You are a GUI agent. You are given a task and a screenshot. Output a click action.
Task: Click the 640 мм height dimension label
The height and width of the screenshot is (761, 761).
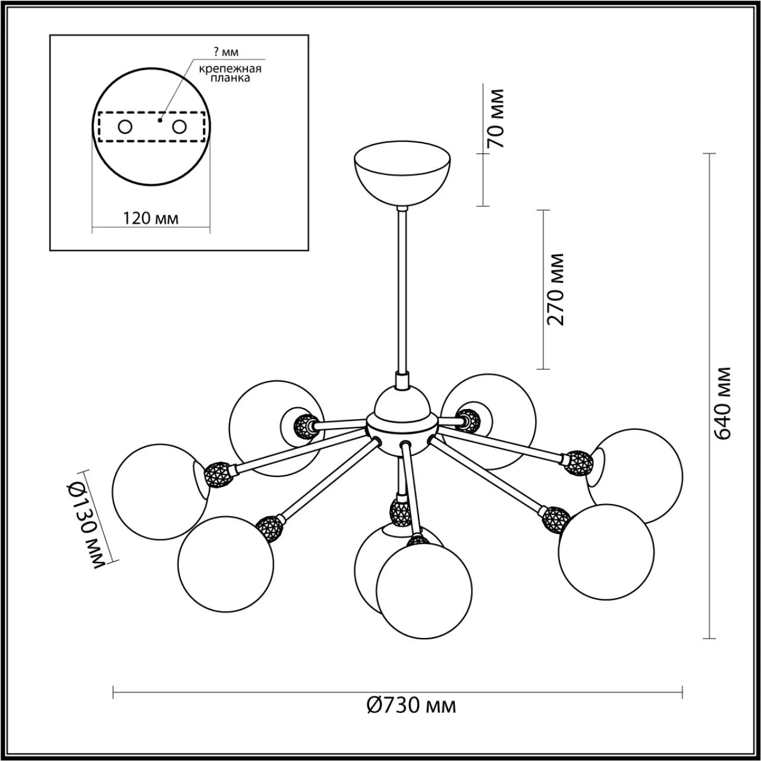click(722, 402)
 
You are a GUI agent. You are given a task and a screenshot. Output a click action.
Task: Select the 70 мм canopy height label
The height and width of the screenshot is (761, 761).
click(495, 118)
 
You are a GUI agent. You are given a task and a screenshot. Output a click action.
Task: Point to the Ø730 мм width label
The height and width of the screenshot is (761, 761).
click(411, 706)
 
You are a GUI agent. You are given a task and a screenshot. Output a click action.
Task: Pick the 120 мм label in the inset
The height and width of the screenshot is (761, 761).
click(150, 218)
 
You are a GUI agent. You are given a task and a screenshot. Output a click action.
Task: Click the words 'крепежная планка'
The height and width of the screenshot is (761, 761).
click(230, 73)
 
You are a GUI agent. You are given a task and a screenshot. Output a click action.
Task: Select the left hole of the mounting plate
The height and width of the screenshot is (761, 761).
click(125, 127)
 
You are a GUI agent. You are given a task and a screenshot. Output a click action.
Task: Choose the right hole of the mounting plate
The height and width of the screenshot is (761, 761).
click(180, 127)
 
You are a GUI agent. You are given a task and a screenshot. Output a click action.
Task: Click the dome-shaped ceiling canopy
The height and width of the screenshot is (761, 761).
click(402, 174)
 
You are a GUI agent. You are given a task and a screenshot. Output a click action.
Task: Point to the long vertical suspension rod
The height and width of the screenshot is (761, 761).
click(402, 291)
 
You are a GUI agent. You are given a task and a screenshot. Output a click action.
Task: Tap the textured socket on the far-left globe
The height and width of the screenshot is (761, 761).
click(218, 475)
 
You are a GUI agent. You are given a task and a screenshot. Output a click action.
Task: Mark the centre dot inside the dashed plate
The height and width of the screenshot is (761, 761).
click(159, 120)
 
